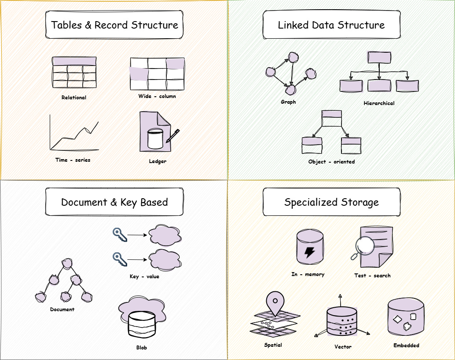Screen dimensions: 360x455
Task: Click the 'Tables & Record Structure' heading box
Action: (x=114, y=25)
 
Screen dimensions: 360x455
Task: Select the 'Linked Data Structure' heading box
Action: (x=331, y=25)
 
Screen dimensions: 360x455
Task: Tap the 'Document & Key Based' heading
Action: (x=114, y=203)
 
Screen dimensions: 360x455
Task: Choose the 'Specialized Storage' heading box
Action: (x=331, y=203)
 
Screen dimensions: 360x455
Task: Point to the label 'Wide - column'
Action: (x=157, y=96)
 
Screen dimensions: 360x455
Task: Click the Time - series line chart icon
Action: (x=74, y=132)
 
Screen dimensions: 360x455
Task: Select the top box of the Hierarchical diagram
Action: (x=379, y=58)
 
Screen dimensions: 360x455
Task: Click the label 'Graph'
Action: (x=288, y=102)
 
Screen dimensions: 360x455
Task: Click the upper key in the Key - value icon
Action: (x=119, y=235)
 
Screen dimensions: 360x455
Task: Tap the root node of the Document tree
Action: (x=66, y=264)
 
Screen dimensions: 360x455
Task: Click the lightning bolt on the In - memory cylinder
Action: (x=310, y=252)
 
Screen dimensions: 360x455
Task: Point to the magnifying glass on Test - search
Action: (x=364, y=246)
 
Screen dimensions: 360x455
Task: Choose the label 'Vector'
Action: (x=343, y=347)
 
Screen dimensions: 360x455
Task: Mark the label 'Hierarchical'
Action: (x=379, y=103)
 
